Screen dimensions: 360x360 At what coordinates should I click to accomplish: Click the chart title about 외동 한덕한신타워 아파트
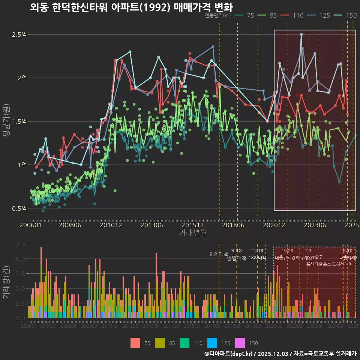[x=131, y=7]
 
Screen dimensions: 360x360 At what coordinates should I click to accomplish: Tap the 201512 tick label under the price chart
[x=193, y=225]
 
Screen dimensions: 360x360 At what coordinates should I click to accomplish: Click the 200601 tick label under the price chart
[x=30, y=225]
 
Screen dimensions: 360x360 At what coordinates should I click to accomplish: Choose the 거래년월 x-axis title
[x=193, y=233]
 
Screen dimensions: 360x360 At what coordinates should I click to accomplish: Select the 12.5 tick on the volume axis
[x=18, y=244]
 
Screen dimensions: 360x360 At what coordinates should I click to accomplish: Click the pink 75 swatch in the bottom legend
[x=136, y=343]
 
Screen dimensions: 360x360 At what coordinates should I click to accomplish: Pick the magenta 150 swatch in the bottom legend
[x=240, y=343]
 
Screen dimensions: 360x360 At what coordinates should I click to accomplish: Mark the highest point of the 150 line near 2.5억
[x=301, y=34]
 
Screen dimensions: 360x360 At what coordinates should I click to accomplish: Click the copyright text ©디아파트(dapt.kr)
[x=229, y=354]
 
